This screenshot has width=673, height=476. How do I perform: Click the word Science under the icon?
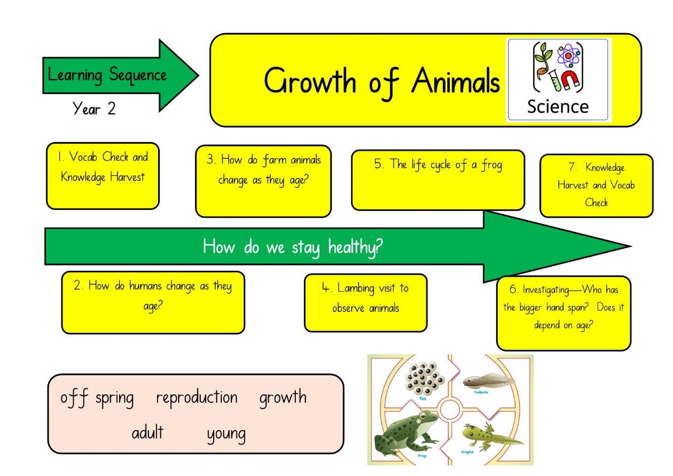click(558, 107)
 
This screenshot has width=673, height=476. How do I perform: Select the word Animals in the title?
click(456, 81)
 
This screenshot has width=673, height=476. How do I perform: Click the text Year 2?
click(94, 108)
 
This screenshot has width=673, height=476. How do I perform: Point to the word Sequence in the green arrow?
click(138, 75)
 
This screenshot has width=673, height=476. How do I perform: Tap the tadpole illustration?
click(489, 381)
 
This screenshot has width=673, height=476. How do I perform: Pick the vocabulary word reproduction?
click(197, 398)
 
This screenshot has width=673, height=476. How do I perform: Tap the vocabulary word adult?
click(147, 432)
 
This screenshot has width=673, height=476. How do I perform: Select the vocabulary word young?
click(226, 434)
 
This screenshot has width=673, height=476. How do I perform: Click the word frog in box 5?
click(492, 165)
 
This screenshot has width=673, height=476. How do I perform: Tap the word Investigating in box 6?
click(546, 290)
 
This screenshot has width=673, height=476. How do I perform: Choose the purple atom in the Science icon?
click(568, 56)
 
